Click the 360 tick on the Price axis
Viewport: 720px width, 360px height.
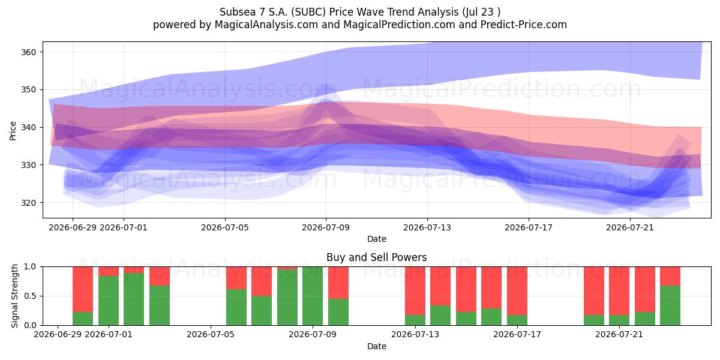pos(29,52)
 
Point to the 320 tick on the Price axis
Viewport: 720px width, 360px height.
pos(29,203)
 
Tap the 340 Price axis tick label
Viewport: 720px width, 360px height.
pos(29,128)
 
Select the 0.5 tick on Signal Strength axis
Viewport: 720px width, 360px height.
pos(30,296)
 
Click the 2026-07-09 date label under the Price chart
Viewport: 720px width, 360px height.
pos(326,227)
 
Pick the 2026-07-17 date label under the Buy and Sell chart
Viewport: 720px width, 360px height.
pos(517,334)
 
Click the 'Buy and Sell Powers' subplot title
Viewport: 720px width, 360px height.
pos(376,257)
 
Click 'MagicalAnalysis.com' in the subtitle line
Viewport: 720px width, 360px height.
pos(266,25)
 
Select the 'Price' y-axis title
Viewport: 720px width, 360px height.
pos(13,131)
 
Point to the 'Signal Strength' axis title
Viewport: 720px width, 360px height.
pos(14,296)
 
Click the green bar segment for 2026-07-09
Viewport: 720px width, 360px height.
pos(313,296)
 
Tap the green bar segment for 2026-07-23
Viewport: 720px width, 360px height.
pos(670,305)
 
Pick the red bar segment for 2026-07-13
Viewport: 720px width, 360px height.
pos(415,291)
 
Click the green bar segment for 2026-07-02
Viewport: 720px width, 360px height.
pos(134,299)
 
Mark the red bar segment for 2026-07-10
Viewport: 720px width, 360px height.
pos(338,283)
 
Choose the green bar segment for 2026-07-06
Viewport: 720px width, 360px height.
pos(236,307)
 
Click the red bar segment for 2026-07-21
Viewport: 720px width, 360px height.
pos(619,291)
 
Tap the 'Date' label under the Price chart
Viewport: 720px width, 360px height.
pos(377,239)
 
